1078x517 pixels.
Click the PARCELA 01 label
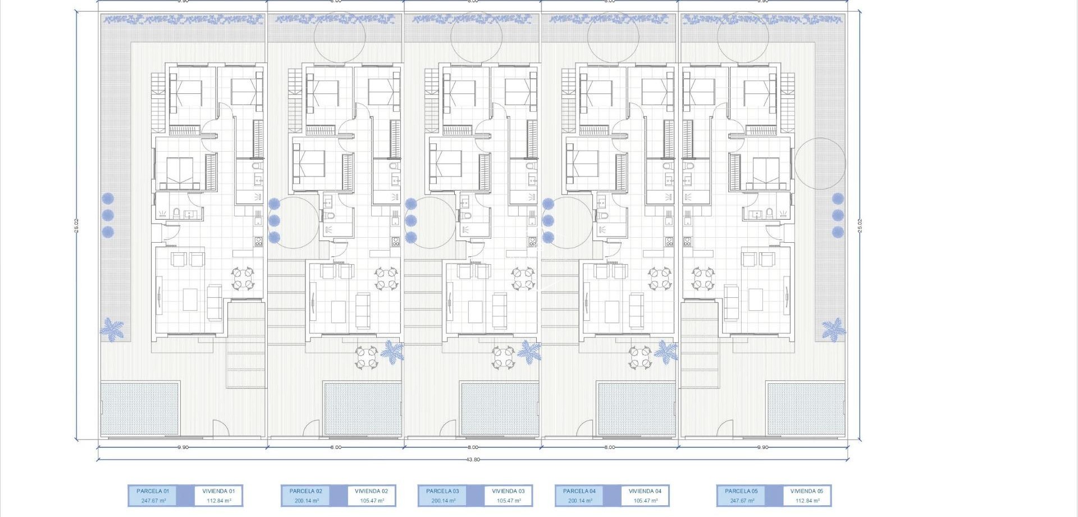[153, 491]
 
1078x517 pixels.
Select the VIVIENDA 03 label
[508, 491]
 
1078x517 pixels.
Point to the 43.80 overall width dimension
[473, 460]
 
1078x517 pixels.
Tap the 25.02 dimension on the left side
[76, 225]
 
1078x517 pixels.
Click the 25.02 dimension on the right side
[860, 225]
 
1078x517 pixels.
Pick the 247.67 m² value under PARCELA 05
[742, 501]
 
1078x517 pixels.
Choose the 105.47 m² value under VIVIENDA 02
[372, 501]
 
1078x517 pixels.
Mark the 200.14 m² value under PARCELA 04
[580, 501]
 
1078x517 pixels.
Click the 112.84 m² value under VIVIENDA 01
[218, 501]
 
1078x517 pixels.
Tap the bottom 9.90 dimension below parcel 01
[183, 447]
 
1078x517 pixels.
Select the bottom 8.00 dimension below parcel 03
[473, 447]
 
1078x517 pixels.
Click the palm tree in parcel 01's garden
[112, 329]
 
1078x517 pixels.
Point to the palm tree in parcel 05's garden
[834, 329]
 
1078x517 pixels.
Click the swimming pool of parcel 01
[140, 409]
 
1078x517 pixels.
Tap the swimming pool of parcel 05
[806, 409]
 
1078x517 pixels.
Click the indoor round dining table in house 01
[243, 279]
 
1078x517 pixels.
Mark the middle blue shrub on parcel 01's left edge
[108, 215]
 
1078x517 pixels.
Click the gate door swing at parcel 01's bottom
[221, 428]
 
